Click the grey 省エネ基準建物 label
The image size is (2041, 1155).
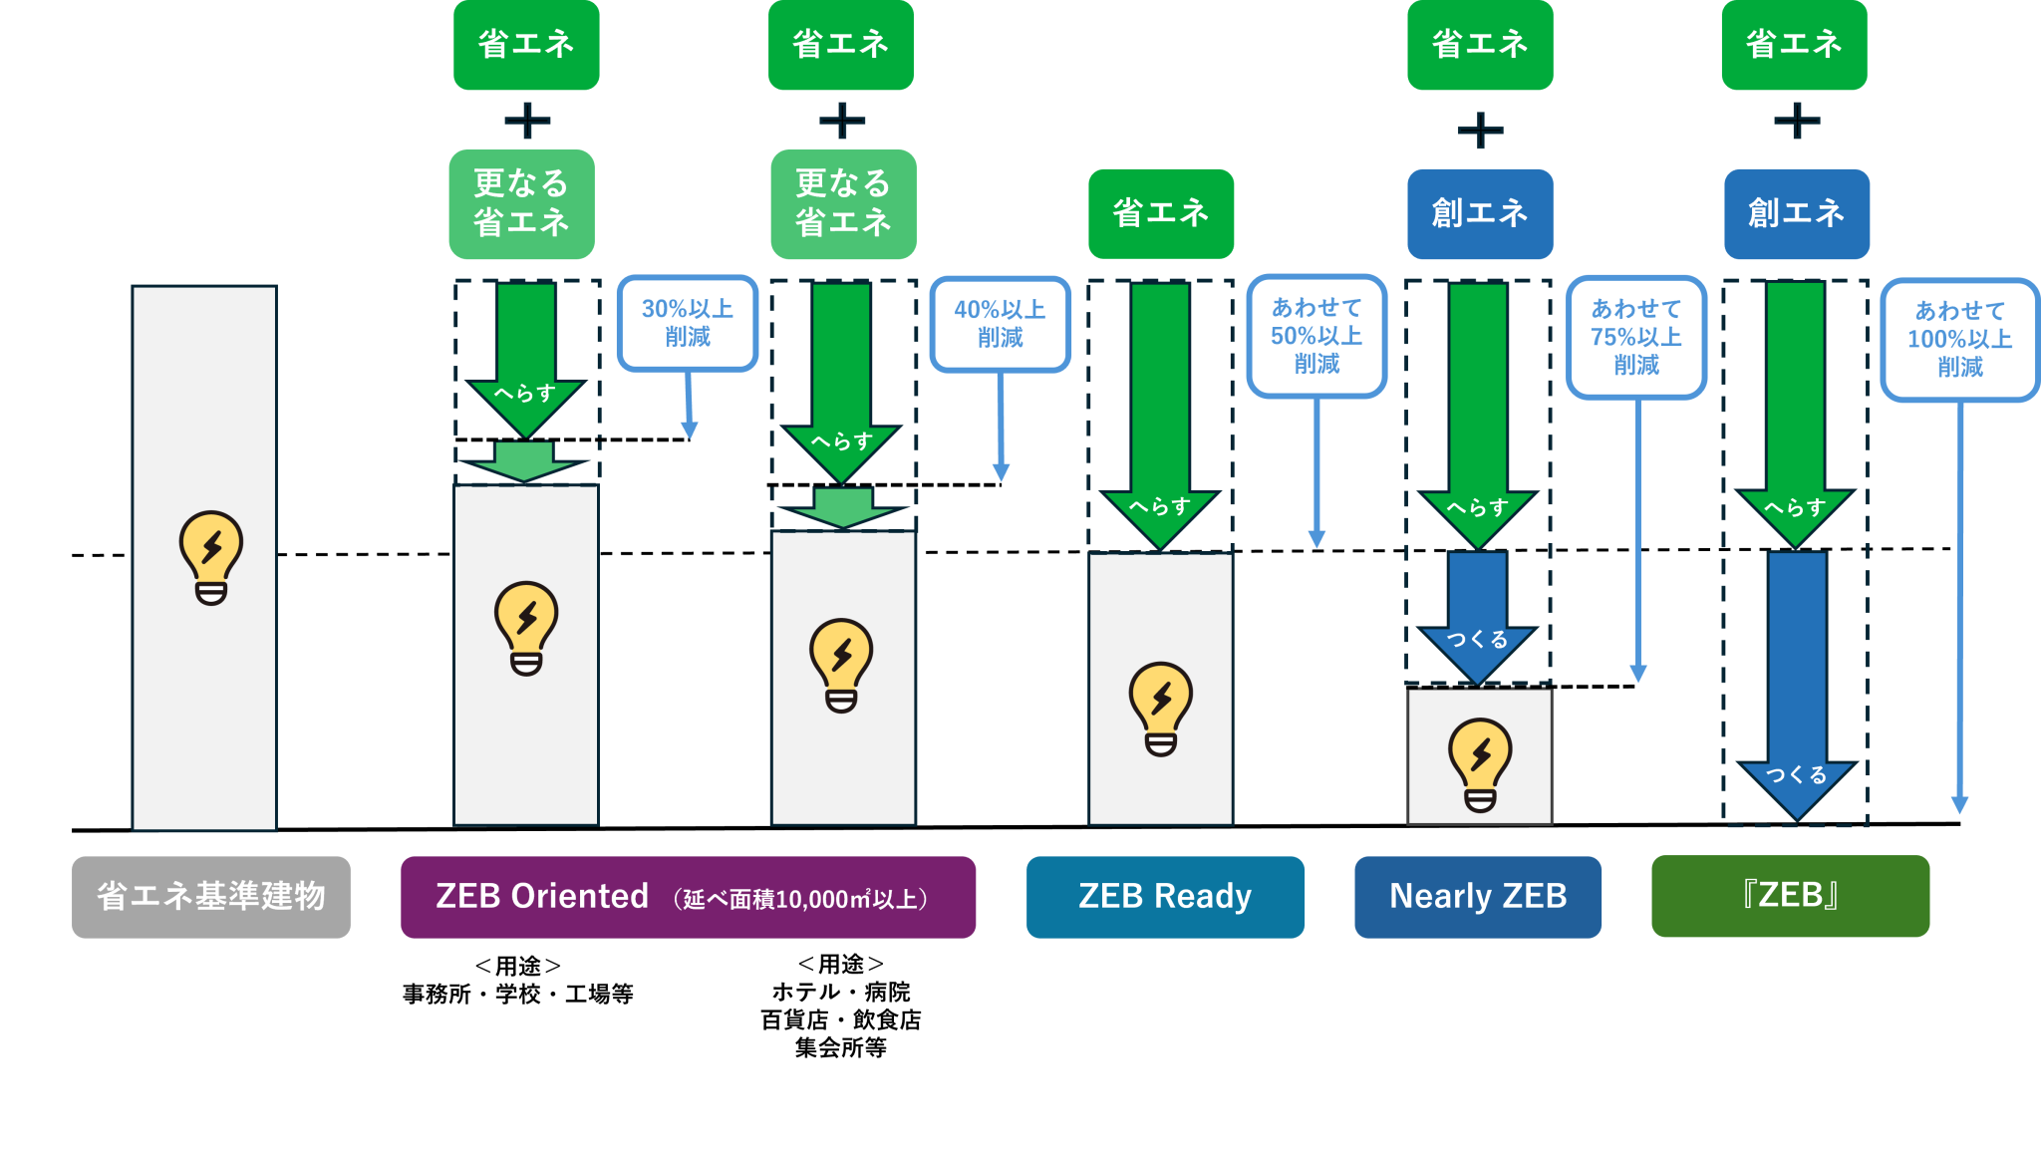coord(210,896)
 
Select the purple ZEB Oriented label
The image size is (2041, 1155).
coord(688,896)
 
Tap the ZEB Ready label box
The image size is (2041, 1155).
coord(1165,896)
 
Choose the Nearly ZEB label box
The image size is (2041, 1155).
coord(1478,896)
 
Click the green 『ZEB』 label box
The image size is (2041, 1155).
coord(1790,896)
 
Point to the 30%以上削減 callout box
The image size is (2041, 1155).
coord(688,323)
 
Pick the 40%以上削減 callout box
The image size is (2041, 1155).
coord(1000,324)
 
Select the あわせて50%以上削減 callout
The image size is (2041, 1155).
coord(1316,336)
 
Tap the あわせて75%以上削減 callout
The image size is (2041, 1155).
coord(1636,337)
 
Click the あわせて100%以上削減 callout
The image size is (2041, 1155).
coord(1959,339)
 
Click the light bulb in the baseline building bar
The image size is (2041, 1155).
coord(210,557)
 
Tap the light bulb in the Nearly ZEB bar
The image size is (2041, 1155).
coord(1480,764)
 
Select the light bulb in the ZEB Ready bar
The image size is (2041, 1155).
coord(1161,709)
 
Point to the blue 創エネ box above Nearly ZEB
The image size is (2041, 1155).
coord(1480,213)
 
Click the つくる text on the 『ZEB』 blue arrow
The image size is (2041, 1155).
coord(1796,774)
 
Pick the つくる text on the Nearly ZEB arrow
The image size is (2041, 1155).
coord(1477,639)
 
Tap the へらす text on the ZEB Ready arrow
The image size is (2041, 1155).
coord(1160,506)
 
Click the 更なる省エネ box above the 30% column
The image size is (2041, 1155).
coord(521,203)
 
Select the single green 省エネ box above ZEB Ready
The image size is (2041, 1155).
coord(1161,213)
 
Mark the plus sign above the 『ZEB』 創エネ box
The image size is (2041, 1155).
coord(1797,121)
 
